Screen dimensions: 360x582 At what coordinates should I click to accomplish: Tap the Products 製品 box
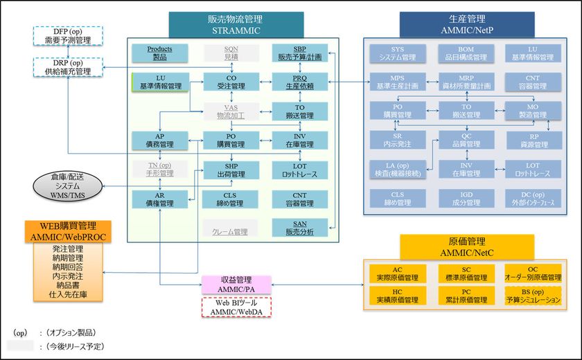tap(160, 53)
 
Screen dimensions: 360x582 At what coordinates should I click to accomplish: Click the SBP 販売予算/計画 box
tap(299, 53)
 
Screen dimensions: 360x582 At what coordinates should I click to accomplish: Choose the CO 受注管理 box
tap(230, 82)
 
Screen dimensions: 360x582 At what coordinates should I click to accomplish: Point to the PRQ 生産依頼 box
tap(299, 82)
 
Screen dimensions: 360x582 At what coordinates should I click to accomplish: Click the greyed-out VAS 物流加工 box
tap(230, 111)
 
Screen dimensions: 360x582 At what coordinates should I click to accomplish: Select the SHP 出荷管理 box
tap(230, 169)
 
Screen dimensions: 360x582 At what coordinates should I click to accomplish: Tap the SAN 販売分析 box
tap(299, 227)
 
